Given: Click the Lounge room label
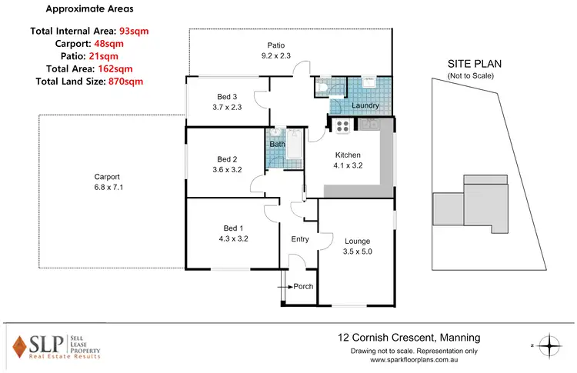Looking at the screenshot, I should [x=356, y=240].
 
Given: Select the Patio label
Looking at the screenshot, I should [x=276, y=45].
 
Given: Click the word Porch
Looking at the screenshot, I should [x=303, y=287].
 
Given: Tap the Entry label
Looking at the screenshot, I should [x=299, y=239].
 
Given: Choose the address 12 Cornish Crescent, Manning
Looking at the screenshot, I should [x=409, y=337].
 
